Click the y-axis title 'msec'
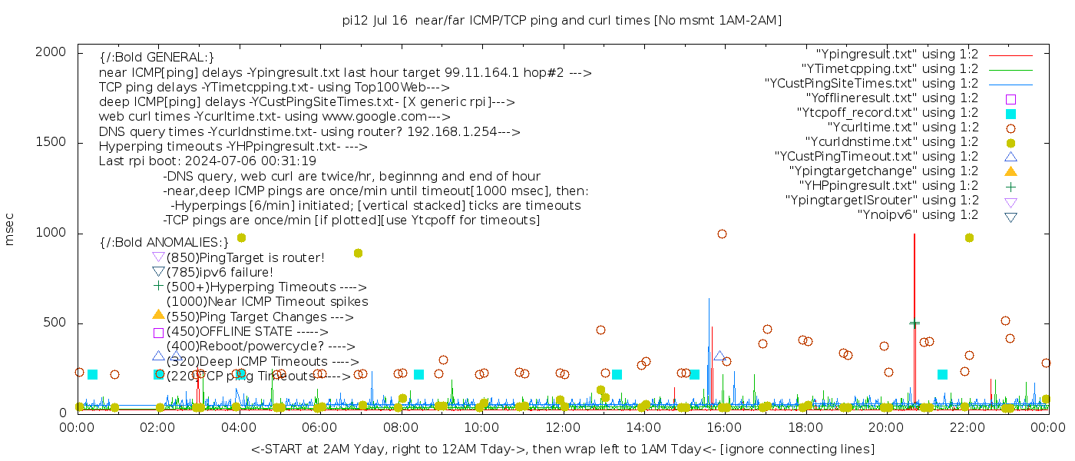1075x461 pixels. [x=10, y=229]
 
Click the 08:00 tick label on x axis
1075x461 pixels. [x=400, y=428]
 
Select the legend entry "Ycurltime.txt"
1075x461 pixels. [x=903, y=128]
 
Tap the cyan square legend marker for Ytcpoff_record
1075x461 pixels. [x=1011, y=114]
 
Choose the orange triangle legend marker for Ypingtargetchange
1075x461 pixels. [x=1011, y=171]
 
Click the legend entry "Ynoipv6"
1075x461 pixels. [x=918, y=215]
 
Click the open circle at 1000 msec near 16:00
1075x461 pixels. [x=722, y=234]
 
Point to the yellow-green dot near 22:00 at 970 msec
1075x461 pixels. [x=969, y=238]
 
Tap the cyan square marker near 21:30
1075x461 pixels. [x=942, y=374]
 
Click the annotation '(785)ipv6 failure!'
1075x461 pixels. [x=220, y=272]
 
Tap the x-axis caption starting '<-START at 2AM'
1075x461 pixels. [x=562, y=449]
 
